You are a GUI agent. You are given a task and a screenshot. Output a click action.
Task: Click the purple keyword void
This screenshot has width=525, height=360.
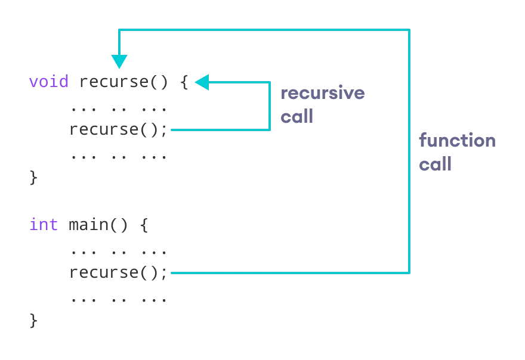[49, 82]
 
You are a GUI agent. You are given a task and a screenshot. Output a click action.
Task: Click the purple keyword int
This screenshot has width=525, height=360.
[44, 225]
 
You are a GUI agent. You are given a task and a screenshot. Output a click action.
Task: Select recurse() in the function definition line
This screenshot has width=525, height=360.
[124, 82]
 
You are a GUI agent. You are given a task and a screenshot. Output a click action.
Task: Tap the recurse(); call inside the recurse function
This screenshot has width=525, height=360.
[119, 129]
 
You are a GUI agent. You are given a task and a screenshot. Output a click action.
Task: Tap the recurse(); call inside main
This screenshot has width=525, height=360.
[119, 272]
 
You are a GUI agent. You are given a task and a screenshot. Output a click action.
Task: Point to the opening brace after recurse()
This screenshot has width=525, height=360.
[184, 82]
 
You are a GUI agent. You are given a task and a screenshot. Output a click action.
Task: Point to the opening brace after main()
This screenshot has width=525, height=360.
[144, 225]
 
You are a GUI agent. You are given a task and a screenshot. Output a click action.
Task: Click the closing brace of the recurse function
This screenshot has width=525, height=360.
[33, 178]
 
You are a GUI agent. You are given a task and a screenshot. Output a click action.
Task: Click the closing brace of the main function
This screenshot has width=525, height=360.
[33, 321]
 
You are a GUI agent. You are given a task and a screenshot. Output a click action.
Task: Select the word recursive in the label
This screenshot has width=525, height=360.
[322, 93]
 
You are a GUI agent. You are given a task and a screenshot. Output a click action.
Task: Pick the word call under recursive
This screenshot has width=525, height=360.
[297, 116]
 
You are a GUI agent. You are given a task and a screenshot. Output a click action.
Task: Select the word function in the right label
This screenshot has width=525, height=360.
[457, 141]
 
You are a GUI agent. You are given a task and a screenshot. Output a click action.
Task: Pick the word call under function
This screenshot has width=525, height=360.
[435, 164]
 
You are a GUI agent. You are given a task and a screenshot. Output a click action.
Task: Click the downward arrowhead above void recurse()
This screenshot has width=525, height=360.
[119, 61]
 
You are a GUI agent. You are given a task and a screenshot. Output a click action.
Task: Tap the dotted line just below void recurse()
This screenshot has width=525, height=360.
[119, 108]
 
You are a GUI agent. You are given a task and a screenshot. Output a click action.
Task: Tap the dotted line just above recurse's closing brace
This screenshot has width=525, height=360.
[119, 157]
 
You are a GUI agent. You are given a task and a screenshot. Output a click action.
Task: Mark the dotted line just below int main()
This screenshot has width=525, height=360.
[119, 252]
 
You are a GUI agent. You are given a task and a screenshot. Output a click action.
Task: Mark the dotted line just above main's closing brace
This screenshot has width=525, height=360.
[119, 300]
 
